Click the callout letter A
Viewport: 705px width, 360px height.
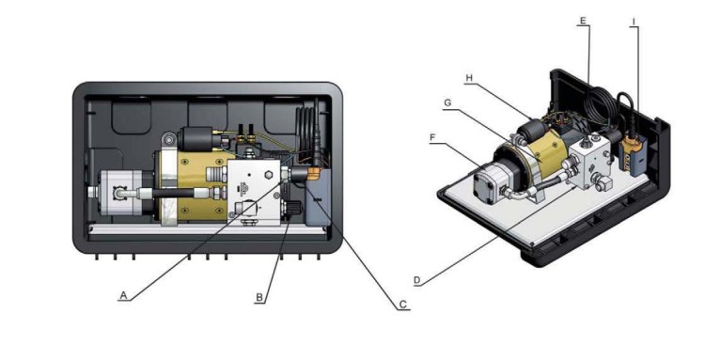[124, 296]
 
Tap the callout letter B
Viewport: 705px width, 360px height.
[259, 298]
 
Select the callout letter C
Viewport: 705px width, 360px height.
[403, 305]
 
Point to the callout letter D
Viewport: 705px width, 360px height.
[416, 280]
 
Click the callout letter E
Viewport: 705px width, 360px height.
[583, 21]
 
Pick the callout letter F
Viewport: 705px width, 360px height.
[432, 137]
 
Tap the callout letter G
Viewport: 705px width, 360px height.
[447, 102]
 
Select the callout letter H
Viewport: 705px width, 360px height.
[469, 78]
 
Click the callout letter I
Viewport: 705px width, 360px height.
[634, 22]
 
